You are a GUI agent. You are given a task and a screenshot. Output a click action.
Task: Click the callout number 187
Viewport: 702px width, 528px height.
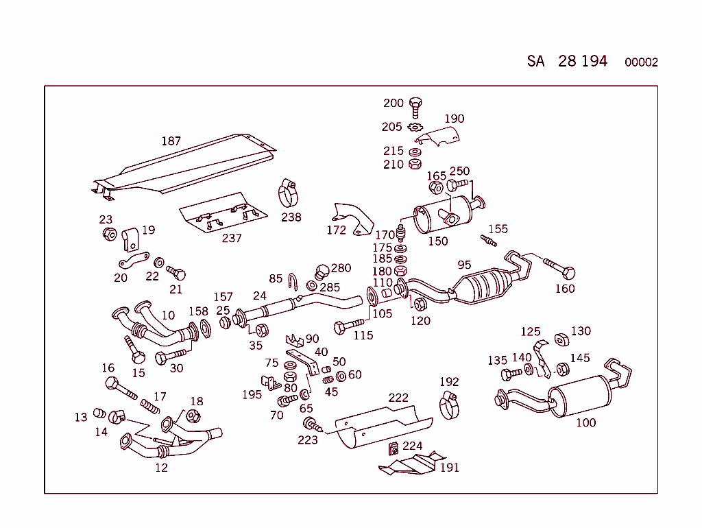click(x=171, y=141)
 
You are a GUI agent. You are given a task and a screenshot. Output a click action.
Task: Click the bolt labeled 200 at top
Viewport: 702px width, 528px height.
click(x=415, y=106)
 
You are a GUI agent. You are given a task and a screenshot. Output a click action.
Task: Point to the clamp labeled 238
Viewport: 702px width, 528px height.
click(x=289, y=193)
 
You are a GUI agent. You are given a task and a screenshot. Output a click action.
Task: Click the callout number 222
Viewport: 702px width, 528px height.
click(x=398, y=398)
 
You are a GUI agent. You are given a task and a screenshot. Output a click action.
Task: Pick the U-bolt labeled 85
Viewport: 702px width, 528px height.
click(x=293, y=281)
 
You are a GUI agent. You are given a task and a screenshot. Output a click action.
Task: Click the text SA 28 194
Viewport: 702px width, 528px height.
click(x=567, y=61)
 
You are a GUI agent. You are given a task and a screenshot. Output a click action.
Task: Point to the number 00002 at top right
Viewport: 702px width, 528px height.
click(x=641, y=62)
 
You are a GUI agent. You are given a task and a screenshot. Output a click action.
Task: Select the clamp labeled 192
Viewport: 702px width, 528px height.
click(x=449, y=405)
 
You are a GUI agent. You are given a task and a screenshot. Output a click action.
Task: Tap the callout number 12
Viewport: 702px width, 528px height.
click(x=161, y=468)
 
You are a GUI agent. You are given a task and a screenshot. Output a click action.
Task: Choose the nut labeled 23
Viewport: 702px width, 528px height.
click(x=108, y=235)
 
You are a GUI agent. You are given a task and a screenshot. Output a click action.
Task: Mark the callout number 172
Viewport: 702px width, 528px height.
click(x=337, y=230)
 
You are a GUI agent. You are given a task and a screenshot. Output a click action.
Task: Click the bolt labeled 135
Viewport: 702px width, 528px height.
click(x=511, y=374)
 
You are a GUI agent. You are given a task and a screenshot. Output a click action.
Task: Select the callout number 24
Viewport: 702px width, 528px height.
click(x=259, y=296)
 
